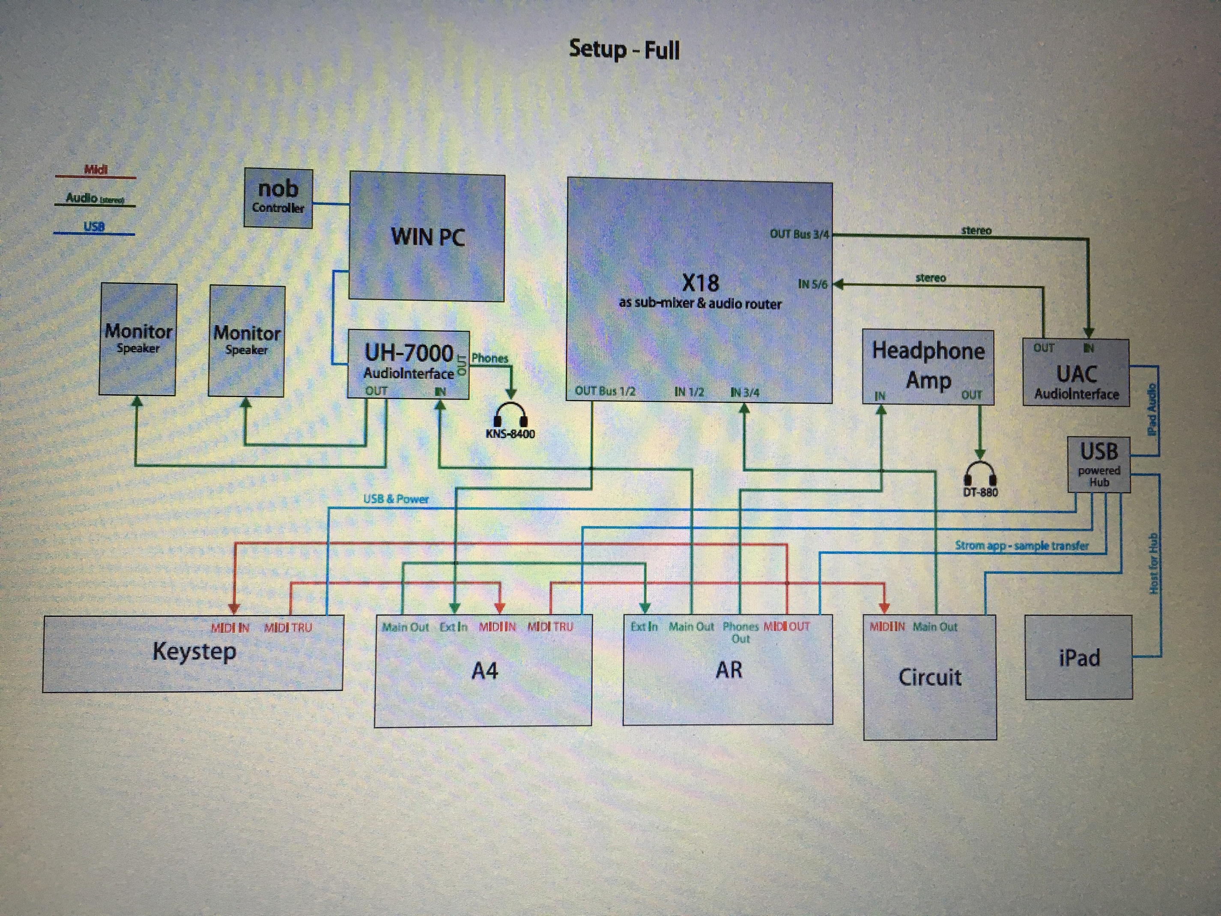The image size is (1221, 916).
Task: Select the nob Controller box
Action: tap(278, 197)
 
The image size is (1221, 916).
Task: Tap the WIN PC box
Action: tap(427, 237)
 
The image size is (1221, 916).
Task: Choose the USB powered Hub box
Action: tap(1099, 464)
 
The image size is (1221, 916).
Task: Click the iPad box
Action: tap(1078, 658)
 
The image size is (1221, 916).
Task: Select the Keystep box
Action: tap(193, 652)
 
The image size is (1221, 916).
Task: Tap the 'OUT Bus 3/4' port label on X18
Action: tap(799, 234)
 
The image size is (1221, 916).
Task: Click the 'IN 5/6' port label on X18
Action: tap(812, 284)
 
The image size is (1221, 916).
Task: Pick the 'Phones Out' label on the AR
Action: tap(740, 632)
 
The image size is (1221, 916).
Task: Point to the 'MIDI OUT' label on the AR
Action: tap(787, 626)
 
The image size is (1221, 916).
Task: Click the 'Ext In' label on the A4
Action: tap(453, 627)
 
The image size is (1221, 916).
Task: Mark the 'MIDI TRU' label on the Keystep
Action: tap(288, 627)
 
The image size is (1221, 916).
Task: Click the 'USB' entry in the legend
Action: tap(94, 226)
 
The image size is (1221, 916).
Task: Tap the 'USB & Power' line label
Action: tap(396, 499)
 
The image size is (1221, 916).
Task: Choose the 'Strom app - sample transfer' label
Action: tap(1022, 545)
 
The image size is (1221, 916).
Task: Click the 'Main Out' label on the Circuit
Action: tap(934, 627)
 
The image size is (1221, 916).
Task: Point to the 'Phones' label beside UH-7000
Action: tap(490, 358)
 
